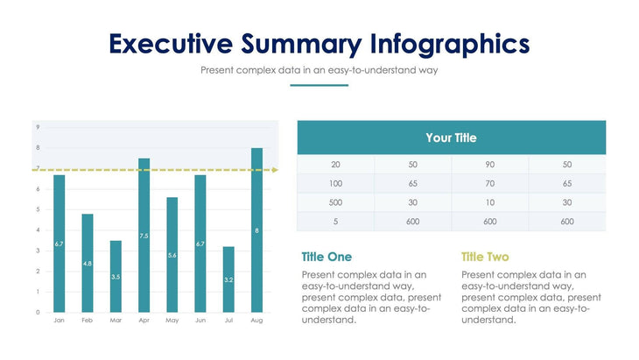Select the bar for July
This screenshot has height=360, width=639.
click(x=228, y=279)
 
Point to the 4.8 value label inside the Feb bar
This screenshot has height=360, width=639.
click(x=88, y=263)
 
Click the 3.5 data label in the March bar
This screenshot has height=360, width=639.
click(x=116, y=277)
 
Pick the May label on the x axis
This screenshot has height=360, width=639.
click(x=172, y=321)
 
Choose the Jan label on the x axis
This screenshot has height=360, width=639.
click(x=59, y=321)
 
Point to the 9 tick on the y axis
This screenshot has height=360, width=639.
click(x=38, y=128)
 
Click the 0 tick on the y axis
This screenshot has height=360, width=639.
click(x=38, y=312)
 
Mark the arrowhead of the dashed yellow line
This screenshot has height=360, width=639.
click(x=275, y=170)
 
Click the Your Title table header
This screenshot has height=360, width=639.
click(x=451, y=138)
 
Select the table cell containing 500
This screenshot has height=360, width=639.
click(x=335, y=203)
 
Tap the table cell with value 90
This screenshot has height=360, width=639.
click(x=489, y=165)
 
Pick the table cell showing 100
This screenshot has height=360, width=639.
click(x=335, y=184)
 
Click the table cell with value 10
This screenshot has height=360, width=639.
click(x=489, y=203)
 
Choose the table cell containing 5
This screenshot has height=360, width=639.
click(x=335, y=222)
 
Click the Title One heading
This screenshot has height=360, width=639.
click(x=326, y=257)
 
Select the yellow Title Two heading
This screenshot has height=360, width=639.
click(x=485, y=257)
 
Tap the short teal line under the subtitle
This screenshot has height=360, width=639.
click(x=319, y=86)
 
